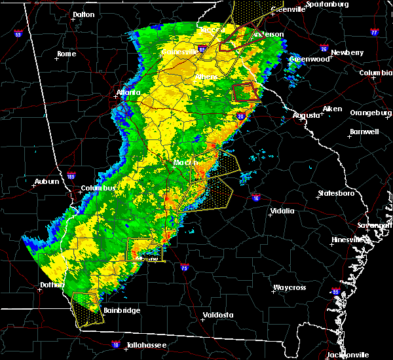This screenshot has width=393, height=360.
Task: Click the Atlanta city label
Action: click(x=128, y=92)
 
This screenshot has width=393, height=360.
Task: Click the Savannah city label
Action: click(x=379, y=225)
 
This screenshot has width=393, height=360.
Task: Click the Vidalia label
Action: click(x=283, y=211)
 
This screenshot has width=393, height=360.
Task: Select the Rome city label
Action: click(x=66, y=54)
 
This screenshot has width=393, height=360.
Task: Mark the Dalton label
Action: click(x=83, y=14)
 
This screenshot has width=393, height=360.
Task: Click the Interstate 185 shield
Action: click(x=71, y=175)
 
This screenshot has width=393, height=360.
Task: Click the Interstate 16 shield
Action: click(x=255, y=198)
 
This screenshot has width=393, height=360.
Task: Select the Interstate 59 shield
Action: click(x=18, y=34)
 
